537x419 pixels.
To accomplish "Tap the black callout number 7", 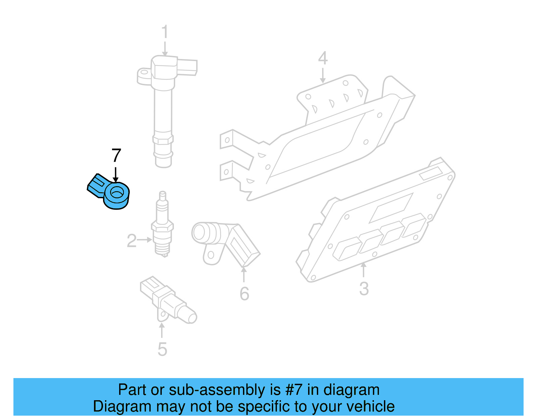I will click(116, 156).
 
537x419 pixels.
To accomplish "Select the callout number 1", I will click(164, 32).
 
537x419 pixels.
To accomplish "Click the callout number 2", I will click(132, 241).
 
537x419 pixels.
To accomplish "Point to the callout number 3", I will click(364, 289).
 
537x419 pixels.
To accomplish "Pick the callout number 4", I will click(323, 58).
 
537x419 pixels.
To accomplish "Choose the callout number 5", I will click(162, 350).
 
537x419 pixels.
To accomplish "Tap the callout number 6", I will click(244, 294).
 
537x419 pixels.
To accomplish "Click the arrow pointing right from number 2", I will click(145, 240).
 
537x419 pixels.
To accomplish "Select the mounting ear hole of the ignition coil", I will click(144, 72).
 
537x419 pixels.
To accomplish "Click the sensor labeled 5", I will click(168, 300).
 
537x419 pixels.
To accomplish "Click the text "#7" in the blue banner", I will click(294, 390).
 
